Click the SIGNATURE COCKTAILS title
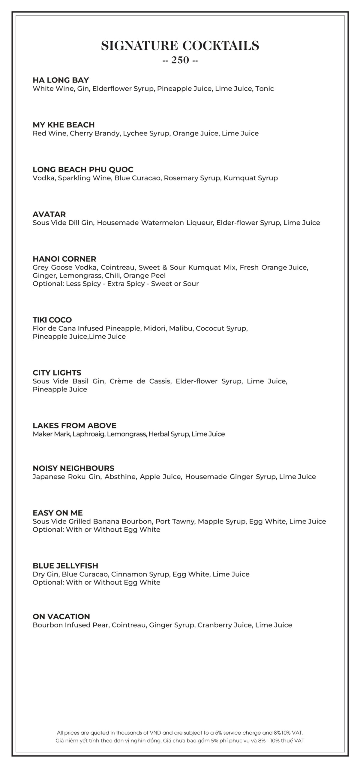180,46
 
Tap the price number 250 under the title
180,60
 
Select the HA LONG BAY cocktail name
61,80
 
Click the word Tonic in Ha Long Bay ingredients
265,88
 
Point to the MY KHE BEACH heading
64,125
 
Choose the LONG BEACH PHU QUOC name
83,169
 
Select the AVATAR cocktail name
49,214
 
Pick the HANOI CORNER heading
64,259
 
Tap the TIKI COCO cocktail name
52,320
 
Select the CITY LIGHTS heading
57,373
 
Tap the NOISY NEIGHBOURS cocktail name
73,468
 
